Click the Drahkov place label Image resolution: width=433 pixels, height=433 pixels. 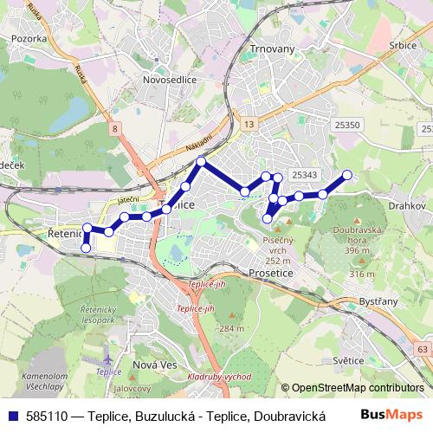[407, 206]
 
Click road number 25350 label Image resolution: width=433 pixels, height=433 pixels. [347, 126]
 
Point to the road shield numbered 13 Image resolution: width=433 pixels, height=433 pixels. [249, 126]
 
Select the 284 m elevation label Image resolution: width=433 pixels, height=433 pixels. [231, 328]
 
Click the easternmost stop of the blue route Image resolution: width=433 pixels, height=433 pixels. [347, 175]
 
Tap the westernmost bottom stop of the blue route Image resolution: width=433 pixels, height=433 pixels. [86, 249]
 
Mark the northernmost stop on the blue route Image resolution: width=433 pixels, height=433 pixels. [201, 162]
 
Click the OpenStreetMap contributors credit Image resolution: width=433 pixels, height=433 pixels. [357, 389]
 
